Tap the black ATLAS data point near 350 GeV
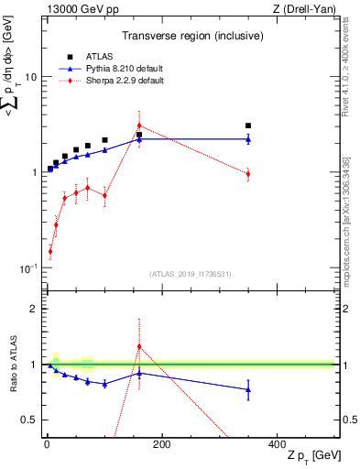[x=248, y=125]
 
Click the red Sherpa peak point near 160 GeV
[x=139, y=125]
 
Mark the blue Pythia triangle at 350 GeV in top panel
[x=248, y=139]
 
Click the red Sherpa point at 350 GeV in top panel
[x=248, y=173]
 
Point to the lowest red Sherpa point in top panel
[x=50, y=251]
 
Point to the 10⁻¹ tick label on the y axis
[x=27, y=267]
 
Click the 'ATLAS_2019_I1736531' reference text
[x=191, y=274]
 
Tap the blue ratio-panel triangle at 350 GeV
[x=248, y=389]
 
